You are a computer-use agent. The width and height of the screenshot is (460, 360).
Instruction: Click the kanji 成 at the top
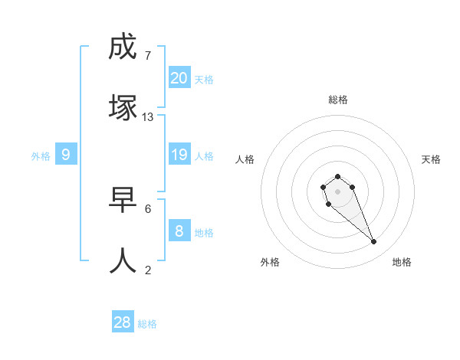123,47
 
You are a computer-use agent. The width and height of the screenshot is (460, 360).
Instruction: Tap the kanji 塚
123,107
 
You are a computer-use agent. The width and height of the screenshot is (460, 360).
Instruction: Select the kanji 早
123,200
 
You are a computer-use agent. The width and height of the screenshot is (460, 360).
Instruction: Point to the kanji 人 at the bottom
123,261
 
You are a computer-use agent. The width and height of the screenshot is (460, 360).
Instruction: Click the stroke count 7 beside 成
147,56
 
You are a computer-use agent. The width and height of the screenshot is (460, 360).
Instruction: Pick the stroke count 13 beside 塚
148,117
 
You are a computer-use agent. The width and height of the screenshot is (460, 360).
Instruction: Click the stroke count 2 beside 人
148,270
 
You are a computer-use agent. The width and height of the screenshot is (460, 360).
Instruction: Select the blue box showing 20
179,77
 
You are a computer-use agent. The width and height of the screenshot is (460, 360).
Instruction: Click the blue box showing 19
179,155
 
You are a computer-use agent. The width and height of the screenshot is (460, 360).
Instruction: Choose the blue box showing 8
179,231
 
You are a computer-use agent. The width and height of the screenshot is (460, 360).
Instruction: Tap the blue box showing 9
66,155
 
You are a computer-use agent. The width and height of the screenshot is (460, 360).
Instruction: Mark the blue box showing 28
123,322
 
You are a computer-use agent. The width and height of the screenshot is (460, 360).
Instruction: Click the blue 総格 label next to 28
148,324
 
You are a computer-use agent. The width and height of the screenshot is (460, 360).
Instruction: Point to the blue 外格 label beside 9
41,156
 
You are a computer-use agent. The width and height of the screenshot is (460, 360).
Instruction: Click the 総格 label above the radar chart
338,100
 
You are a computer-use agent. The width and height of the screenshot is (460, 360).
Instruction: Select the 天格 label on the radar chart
432,159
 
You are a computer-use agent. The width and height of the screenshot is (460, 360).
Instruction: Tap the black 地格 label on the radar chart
402,262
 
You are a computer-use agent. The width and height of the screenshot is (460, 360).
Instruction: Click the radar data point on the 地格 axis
374,242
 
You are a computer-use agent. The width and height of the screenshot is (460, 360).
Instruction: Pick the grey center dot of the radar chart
338,191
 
